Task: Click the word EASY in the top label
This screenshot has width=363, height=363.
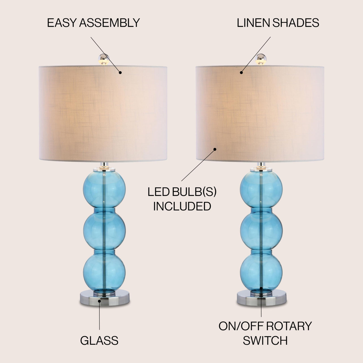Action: pyautogui.click(x=62, y=23)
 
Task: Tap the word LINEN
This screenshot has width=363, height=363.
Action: pyautogui.click(x=253, y=23)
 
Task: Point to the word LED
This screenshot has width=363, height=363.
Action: pyautogui.click(x=158, y=192)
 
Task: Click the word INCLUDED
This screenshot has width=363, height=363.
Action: pyautogui.click(x=182, y=206)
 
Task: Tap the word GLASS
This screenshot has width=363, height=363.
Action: pyautogui.click(x=99, y=341)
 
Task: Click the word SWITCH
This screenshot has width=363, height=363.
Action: pyautogui.click(x=265, y=341)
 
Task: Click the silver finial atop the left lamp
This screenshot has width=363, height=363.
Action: pyautogui.click(x=104, y=59)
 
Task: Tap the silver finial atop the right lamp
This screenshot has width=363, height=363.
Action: pyautogui.click(x=261, y=59)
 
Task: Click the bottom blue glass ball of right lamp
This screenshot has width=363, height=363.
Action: pyautogui.click(x=261, y=272)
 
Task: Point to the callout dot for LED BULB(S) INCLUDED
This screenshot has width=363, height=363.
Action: pyautogui.click(x=215, y=149)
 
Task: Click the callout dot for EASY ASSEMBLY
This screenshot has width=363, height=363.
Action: pyautogui.click(x=120, y=72)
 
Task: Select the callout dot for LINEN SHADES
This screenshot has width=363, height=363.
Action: pyautogui.click(x=241, y=73)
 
